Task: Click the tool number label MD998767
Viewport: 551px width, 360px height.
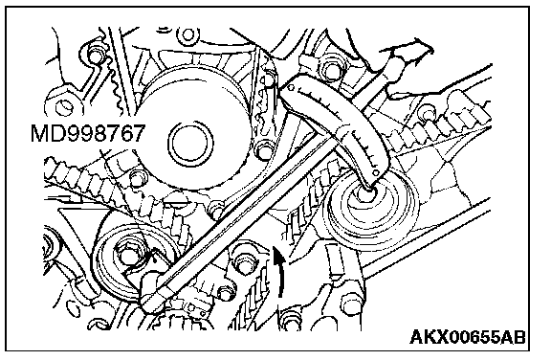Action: click(x=88, y=133)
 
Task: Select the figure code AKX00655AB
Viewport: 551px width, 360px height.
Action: click(x=468, y=336)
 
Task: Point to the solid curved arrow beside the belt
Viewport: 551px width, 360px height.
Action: click(x=279, y=271)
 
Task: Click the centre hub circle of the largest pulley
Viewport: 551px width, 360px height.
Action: click(x=190, y=145)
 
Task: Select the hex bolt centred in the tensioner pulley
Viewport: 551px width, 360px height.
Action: click(x=127, y=255)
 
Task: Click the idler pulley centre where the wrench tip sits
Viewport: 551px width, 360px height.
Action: click(x=367, y=193)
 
